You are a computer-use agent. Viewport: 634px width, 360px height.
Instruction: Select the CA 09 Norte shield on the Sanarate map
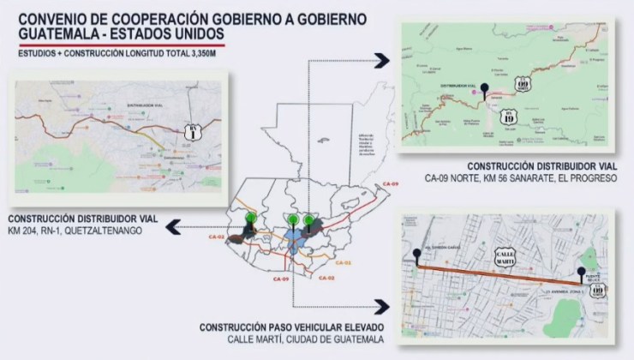(x=523, y=82)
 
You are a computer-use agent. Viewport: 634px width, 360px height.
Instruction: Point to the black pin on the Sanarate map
(x=485, y=88)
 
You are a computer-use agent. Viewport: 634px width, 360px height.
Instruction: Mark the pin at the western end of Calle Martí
(x=416, y=256)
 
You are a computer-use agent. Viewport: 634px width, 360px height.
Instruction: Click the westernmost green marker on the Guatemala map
(x=251, y=219)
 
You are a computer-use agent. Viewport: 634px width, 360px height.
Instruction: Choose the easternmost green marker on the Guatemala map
(x=308, y=219)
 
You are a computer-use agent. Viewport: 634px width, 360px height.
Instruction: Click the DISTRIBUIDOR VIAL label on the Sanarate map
(x=456, y=87)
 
